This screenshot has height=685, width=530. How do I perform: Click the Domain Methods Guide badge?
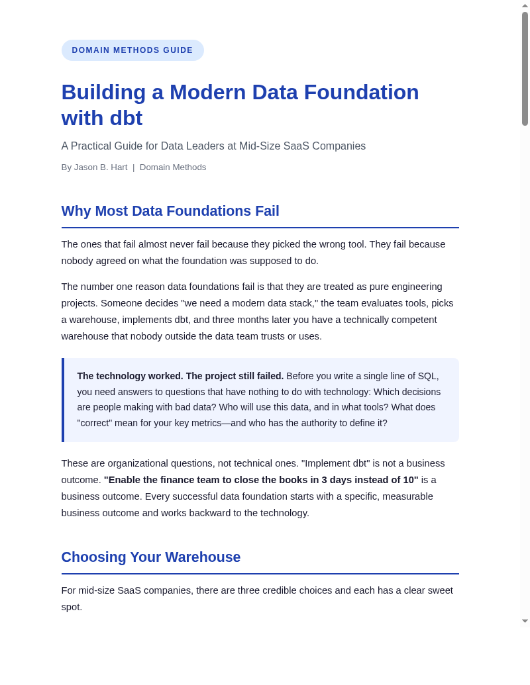132,50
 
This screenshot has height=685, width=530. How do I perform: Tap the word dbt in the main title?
126,118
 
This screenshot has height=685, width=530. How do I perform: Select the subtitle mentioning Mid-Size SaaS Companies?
213,146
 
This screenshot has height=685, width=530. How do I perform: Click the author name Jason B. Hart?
101,167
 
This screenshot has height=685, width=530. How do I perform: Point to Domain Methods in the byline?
173,167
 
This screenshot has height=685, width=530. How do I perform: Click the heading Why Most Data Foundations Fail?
170,211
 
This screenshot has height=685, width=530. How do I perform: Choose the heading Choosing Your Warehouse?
151,557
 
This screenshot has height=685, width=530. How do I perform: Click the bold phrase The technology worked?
130,376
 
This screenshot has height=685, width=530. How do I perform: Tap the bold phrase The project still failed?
235,376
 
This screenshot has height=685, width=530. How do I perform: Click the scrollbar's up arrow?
525,6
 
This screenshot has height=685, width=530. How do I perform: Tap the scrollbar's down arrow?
525,621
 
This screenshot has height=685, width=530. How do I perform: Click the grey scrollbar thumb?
525,69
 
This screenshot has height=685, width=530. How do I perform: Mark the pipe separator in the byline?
133,167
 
